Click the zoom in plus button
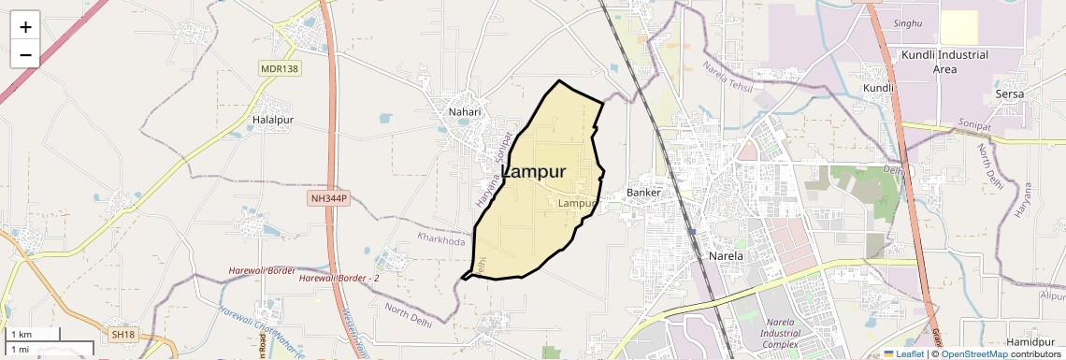pos(25,26)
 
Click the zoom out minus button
pos(25,54)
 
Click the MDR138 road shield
pos(278,69)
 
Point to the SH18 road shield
pos(123,334)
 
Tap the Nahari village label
pos(463,111)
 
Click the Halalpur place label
pos(273,121)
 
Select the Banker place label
pos(643,193)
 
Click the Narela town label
pos(726,255)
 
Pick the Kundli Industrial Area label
pos(944,62)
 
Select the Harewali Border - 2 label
pos(339,279)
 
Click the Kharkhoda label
pos(441,240)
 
